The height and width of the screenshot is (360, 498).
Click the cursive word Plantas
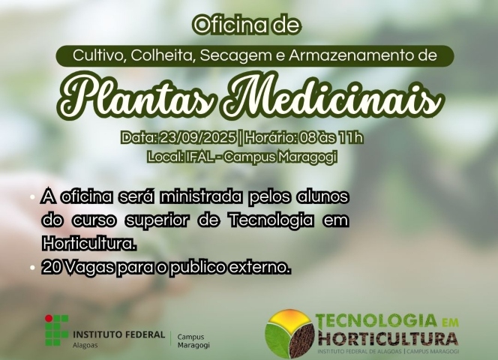(146, 97)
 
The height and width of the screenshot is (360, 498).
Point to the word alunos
(323, 197)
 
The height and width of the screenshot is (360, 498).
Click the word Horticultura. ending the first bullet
(89, 244)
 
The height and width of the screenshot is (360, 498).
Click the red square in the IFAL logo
(49, 320)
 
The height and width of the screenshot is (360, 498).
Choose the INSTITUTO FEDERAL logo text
(118, 334)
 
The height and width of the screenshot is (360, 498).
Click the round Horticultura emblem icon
(290, 331)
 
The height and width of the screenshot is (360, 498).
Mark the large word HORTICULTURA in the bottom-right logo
(387, 337)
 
